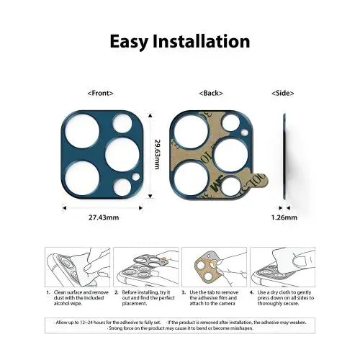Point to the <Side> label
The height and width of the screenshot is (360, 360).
point(283,93)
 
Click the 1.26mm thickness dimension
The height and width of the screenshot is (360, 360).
point(283,216)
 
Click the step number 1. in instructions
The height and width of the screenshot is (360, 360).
point(48,293)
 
